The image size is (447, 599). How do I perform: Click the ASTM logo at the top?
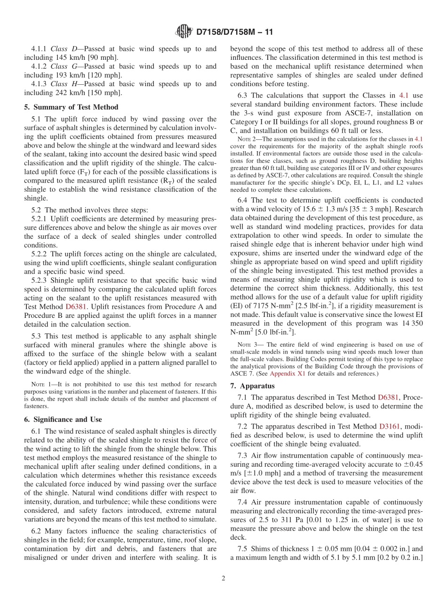pyautogui.click(x=184, y=32)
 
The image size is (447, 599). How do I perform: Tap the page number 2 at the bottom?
pyautogui.click(x=223, y=578)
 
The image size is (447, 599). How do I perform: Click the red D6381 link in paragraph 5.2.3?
pyautogui.click(x=75, y=307)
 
